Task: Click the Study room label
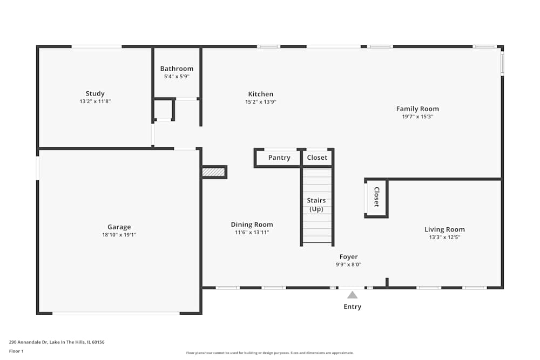point(95,93)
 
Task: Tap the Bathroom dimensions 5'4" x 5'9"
point(177,77)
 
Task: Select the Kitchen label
point(260,94)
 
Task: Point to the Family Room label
point(417,108)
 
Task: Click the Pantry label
point(279,158)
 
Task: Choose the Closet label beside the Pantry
point(317,158)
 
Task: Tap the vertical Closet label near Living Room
point(376,197)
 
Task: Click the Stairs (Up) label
point(316,205)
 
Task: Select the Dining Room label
point(252,225)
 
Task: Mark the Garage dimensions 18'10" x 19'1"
point(119,235)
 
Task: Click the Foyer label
point(348,257)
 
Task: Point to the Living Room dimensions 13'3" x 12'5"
point(444,237)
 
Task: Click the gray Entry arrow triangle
point(352,295)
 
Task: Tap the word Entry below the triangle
point(352,307)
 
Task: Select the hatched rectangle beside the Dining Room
point(213,172)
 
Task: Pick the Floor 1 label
point(16,351)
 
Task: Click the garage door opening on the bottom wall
point(116,313)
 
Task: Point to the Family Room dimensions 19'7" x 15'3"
point(417,116)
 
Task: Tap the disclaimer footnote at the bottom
point(269,353)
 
